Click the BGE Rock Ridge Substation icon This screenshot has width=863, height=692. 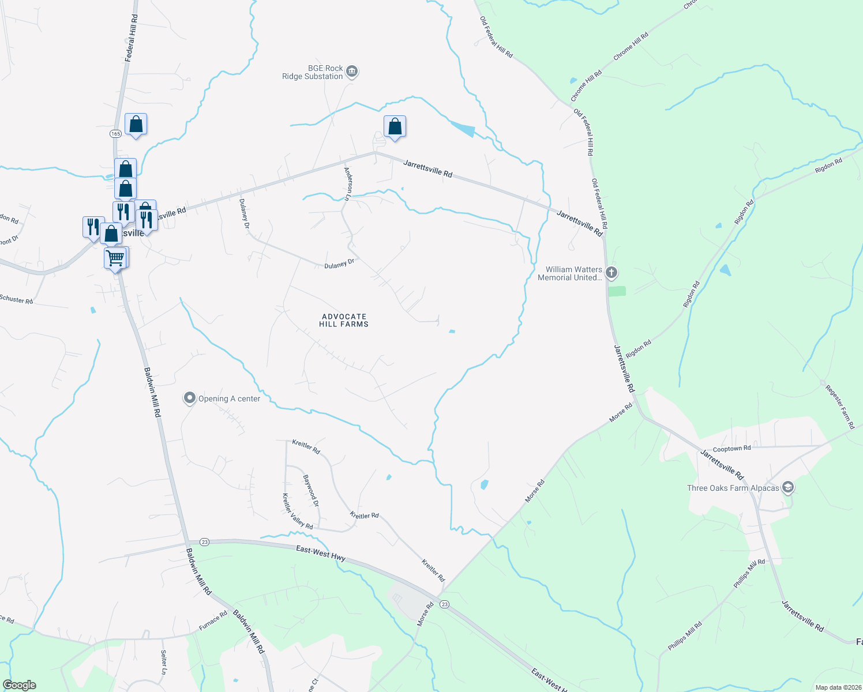click(352, 72)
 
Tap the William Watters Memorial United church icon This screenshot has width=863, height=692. click(611, 273)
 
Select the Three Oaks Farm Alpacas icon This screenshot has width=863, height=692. click(788, 488)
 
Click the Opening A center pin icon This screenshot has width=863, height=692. click(189, 398)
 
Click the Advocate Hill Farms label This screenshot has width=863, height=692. click(344, 320)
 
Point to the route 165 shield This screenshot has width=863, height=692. click(115, 133)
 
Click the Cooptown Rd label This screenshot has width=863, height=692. click(731, 448)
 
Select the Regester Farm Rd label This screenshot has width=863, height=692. click(840, 407)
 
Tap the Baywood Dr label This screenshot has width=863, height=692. click(310, 491)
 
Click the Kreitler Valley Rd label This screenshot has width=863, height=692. click(297, 512)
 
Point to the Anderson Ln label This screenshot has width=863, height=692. click(348, 183)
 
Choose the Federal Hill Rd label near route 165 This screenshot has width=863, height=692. click(132, 38)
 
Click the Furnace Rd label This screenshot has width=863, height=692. click(213, 621)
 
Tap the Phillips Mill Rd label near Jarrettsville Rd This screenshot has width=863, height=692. click(749, 573)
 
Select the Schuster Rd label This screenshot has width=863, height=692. click(16, 299)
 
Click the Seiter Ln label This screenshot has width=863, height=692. click(163, 663)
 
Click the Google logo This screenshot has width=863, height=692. click(20, 685)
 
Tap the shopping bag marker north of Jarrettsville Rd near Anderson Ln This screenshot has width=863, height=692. click(395, 126)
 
